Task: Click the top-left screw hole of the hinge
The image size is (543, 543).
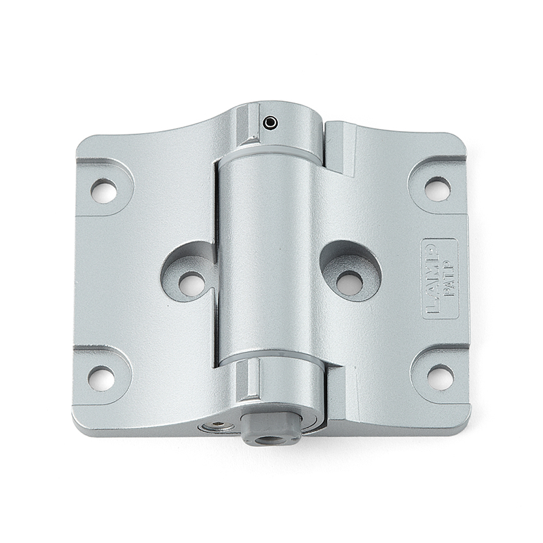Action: pyautogui.click(x=103, y=191)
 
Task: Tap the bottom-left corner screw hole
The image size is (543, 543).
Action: pyautogui.click(x=101, y=378)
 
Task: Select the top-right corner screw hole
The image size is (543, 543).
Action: pyautogui.click(x=437, y=189)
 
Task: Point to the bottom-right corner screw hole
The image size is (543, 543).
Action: pyautogui.click(x=440, y=377)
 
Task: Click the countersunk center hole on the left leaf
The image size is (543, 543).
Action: pyautogui.click(x=191, y=283)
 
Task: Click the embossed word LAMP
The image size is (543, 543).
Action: pyautogui.click(x=432, y=280)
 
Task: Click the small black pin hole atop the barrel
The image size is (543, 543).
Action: pyautogui.click(x=271, y=123)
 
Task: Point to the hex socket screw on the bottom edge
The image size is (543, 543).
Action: pyautogui.click(x=219, y=425)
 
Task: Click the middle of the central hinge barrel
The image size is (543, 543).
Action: pyautogui.click(x=268, y=258)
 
